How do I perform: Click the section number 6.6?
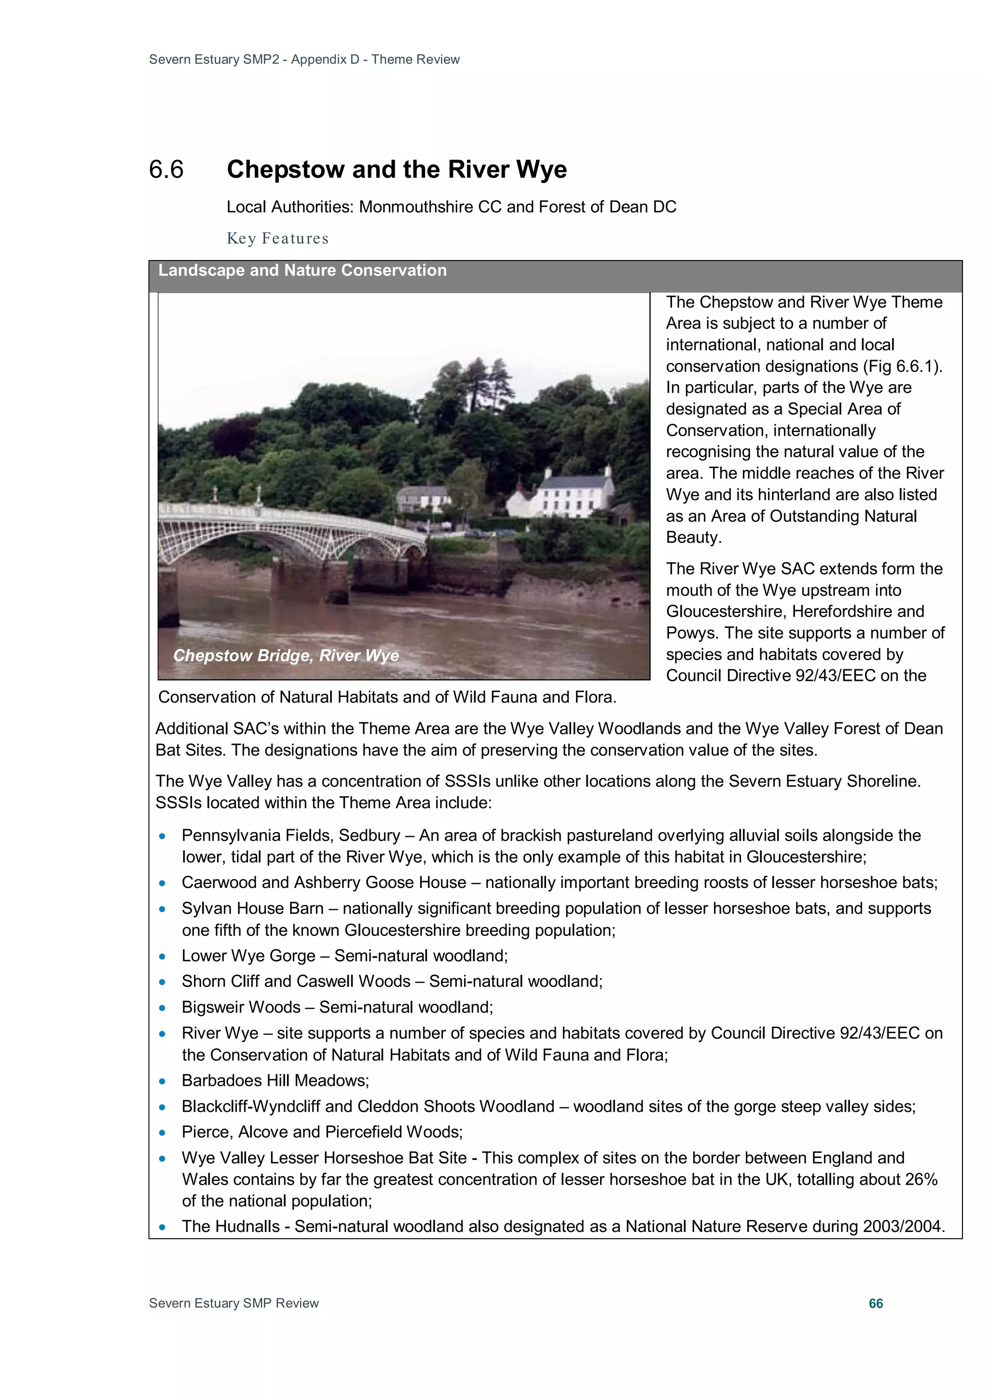coord(166,170)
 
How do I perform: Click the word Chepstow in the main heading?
coord(286,170)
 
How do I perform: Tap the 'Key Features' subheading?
coord(277,238)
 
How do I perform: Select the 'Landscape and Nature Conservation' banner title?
coord(302,270)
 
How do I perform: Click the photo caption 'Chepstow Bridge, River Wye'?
coord(286,655)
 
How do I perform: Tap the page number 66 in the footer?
coord(876,1303)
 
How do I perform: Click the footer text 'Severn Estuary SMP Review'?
coord(234,1303)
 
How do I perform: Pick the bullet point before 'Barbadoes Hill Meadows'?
coord(162,1081)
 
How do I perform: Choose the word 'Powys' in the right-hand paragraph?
coord(691,633)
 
